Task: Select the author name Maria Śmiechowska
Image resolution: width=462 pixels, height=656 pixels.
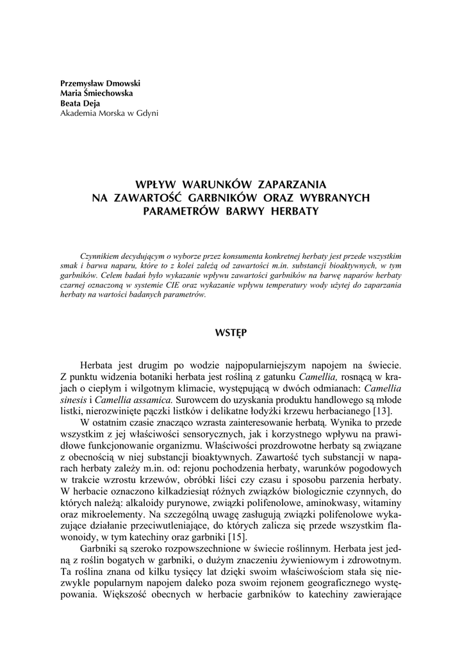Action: pyautogui.click(x=92, y=94)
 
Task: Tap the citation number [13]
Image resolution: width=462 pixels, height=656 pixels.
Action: pyautogui.click(x=390, y=411)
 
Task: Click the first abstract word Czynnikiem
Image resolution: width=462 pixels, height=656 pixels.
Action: pyautogui.click(x=102, y=252)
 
